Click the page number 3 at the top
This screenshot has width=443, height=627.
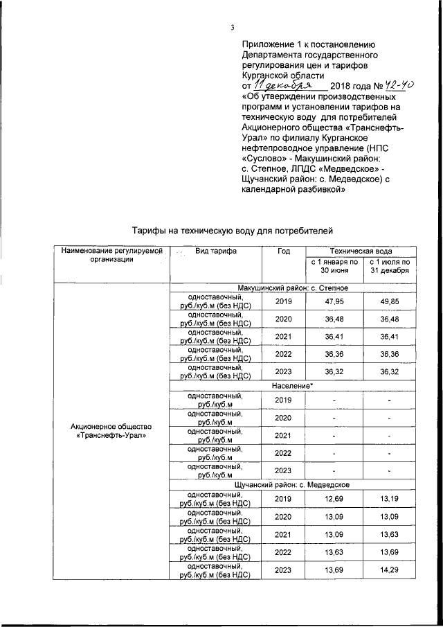[x=233, y=27]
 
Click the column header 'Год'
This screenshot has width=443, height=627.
[x=283, y=251]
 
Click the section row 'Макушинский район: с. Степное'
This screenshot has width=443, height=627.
[x=292, y=287]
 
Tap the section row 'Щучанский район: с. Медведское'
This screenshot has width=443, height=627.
[x=292, y=483]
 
